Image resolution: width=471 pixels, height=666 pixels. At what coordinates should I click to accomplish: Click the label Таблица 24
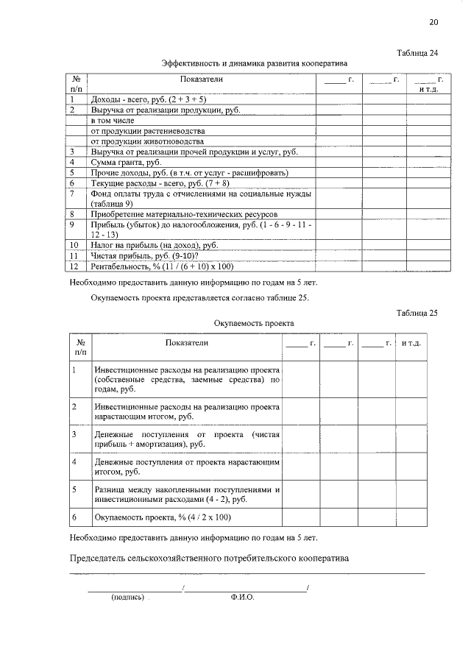[417, 53]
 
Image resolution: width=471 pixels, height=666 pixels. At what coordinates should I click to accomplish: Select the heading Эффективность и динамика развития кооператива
[254, 64]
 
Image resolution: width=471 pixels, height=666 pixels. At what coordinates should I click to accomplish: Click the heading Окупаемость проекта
[254, 323]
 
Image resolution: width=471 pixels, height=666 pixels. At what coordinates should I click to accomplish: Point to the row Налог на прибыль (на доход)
[154, 244]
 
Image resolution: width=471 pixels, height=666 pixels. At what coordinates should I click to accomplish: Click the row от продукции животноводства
[147, 141]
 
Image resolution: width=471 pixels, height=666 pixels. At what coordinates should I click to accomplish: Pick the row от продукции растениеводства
[147, 130]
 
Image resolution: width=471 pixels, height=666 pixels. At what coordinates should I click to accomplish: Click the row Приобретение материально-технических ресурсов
[184, 213]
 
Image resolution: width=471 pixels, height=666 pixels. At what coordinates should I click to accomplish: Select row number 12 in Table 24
[74, 266]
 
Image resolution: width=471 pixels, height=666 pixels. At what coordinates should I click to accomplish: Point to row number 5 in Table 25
[74, 489]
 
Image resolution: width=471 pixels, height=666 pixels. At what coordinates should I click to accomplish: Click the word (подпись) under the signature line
[127, 598]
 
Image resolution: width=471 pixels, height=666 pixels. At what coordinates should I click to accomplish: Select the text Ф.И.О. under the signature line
[242, 598]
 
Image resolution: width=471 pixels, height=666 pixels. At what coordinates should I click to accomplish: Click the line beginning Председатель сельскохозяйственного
[209, 558]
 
